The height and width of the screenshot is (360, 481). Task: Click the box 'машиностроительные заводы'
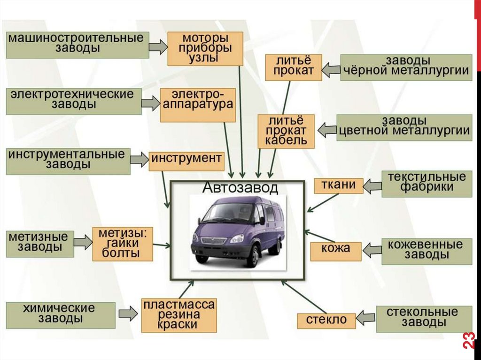pyautogui.click(x=77, y=45)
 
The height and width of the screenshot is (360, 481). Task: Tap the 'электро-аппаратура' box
pyautogui.click(x=197, y=104)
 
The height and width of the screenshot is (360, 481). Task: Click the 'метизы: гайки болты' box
pyautogui.click(x=123, y=244)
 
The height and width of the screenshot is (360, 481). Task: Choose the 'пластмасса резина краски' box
pyautogui.click(x=179, y=315)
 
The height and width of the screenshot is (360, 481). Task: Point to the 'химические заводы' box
pyautogui.click(x=61, y=315)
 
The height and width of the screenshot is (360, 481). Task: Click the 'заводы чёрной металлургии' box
pyautogui.click(x=406, y=68)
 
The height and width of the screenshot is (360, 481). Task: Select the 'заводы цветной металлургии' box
pyautogui.click(x=404, y=127)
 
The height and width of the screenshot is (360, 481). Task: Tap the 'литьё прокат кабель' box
pyautogui.click(x=286, y=131)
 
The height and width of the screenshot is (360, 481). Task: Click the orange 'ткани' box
pyautogui.click(x=338, y=186)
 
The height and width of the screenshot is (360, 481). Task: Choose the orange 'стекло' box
pyautogui.click(x=326, y=321)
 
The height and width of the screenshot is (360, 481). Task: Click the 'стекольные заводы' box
pyautogui.click(x=423, y=318)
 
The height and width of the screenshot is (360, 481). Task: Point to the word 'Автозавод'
pyautogui.click(x=240, y=188)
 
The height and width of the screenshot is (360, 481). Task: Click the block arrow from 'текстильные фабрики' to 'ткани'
pyautogui.click(x=372, y=186)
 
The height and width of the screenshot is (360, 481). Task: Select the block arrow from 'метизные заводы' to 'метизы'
pyautogui.click(x=83, y=242)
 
